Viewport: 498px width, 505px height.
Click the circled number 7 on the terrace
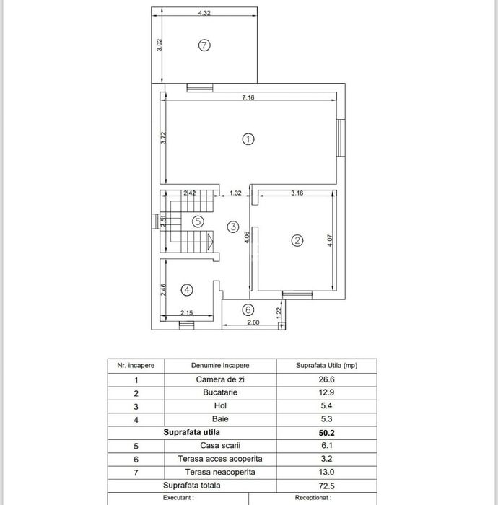click(204, 45)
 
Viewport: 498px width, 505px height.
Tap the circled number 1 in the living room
click(248, 139)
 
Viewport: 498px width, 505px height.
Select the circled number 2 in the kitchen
click(297, 241)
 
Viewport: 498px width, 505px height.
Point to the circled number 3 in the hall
click(232, 227)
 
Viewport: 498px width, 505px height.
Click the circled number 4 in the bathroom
click(187, 290)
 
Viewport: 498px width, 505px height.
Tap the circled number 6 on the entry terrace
click(249, 309)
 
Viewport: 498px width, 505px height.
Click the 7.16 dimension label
click(248, 97)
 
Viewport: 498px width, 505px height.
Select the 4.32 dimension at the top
click(204, 13)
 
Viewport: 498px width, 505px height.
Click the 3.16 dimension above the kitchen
click(297, 193)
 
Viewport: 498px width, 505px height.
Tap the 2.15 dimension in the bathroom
click(186, 312)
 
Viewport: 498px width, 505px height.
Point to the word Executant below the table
click(178, 498)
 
